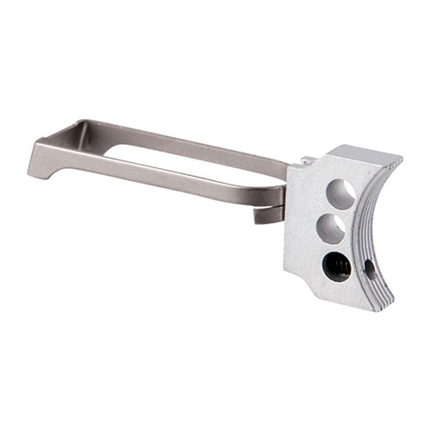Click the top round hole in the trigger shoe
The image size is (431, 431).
[x=340, y=194]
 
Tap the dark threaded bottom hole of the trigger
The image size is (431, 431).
[x=335, y=266]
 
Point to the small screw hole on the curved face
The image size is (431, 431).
[x=371, y=268]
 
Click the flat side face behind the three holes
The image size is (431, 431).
[x=302, y=224]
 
